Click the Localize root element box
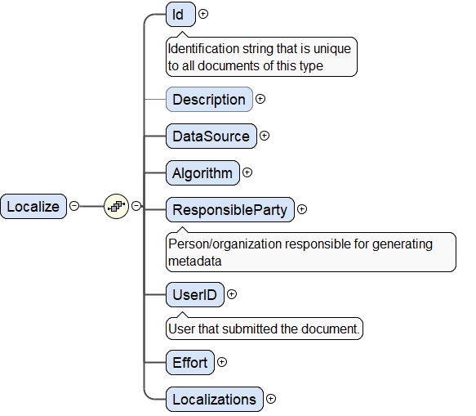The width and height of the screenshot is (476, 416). pos(33,206)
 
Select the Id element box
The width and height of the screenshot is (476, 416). pos(180,14)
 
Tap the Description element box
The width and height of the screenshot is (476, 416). pos(209,100)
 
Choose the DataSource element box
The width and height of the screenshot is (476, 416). pos(211,136)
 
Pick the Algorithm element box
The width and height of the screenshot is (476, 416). pos(202,173)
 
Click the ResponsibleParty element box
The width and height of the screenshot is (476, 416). pos(230,210)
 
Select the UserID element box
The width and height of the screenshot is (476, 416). pos(195,295)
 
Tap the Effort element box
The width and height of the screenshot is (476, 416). pos(190,362)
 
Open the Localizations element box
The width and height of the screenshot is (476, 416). pos(215,399)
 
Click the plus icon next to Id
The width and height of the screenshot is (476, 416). pos(203,14)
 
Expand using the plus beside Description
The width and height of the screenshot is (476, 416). pos(260,99)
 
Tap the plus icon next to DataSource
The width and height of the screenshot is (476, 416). pos(265,136)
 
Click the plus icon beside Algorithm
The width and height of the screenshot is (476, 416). pos(247,172)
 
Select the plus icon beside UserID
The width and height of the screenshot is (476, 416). pos(232,294)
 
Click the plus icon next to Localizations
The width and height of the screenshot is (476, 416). pos(271,398)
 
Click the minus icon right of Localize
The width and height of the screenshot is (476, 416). pos(74,206)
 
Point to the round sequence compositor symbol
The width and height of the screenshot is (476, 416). pos(116,206)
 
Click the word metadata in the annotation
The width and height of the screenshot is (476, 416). pos(195,261)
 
